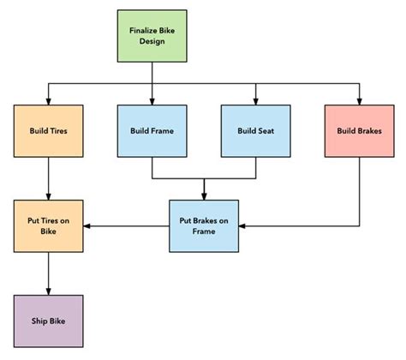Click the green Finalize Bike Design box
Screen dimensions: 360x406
tap(152, 35)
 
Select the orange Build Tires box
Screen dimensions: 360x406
tap(48, 131)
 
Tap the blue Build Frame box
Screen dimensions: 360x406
tap(152, 131)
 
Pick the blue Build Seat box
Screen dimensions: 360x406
tap(255, 131)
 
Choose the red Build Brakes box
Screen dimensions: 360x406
tap(359, 131)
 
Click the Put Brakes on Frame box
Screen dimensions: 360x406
tap(204, 225)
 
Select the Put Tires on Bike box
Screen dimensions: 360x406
tap(48, 225)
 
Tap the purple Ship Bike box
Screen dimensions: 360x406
tap(48, 321)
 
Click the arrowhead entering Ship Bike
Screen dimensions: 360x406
tap(48, 291)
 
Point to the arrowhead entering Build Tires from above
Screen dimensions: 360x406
tap(48, 101)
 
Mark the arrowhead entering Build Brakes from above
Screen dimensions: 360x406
tap(359, 101)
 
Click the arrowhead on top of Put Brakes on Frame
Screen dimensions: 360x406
tap(204, 196)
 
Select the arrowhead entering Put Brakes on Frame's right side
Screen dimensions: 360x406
tap(243, 226)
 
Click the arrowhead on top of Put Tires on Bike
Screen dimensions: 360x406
tap(48, 196)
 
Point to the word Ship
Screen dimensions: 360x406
tap(39, 321)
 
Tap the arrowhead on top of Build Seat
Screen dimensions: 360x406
tap(255, 101)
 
